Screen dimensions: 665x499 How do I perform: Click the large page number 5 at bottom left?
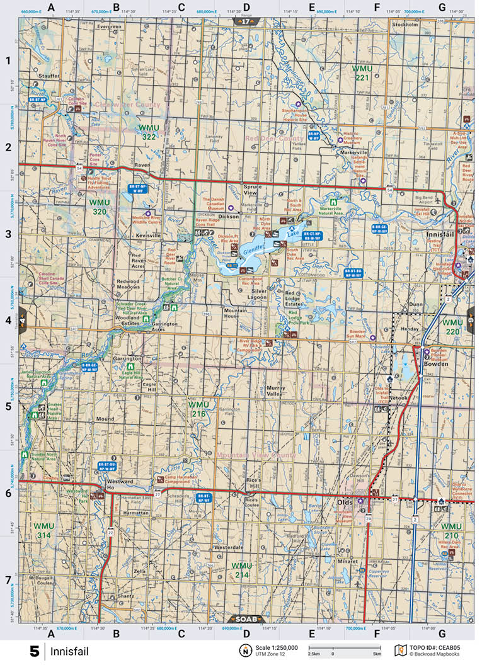click(35, 651)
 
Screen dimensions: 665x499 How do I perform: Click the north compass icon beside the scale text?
click(243, 650)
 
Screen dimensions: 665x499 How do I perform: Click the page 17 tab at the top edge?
click(246, 21)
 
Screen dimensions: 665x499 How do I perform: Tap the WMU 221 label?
click(361, 72)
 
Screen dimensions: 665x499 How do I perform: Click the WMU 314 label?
click(44, 530)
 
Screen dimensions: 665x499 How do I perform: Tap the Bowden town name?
click(435, 363)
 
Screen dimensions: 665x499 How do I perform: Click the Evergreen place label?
click(109, 27)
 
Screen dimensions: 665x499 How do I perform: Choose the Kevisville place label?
click(148, 235)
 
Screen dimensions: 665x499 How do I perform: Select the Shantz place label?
click(125, 596)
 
